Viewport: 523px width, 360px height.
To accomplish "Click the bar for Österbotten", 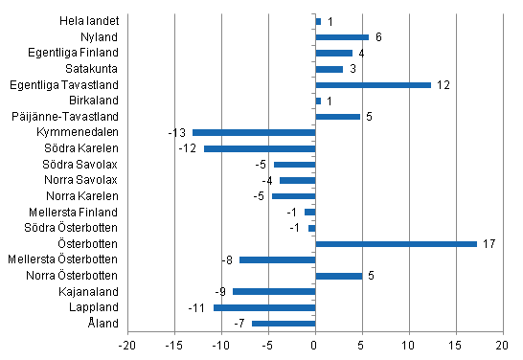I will tap(396, 243).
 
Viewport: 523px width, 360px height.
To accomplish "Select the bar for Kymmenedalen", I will tap(254, 132).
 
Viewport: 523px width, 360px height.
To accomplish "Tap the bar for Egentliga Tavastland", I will tap(373, 84).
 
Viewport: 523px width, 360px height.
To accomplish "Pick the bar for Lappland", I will tap(264, 307).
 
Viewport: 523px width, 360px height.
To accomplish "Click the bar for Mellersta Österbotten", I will tap(277, 259).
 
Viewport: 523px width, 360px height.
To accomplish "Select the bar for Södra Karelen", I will tap(260, 148).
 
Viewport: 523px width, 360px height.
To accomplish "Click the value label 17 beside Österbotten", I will tap(489, 244).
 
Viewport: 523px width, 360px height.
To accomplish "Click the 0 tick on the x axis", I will tap(315, 346).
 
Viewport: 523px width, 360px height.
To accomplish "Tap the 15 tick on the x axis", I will tap(456, 346).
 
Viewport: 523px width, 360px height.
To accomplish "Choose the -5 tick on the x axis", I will tap(268, 346).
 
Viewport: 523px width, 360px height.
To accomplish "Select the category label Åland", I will tap(103, 324).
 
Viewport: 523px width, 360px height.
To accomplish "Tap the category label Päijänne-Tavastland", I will tap(70, 117).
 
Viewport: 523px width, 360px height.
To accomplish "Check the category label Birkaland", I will tap(95, 101).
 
